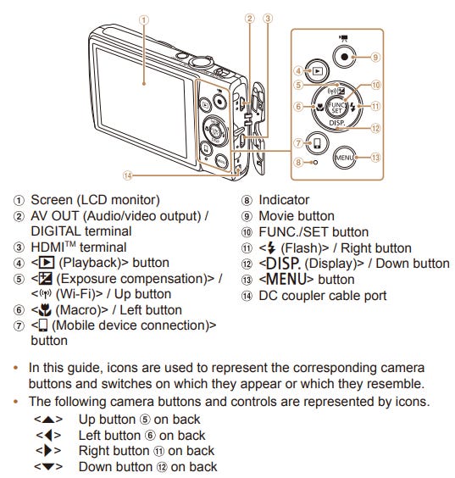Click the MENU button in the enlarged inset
[x=344, y=158]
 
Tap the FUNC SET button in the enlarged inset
[x=336, y=107]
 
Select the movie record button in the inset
[x=344, y=57]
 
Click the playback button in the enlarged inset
[x=317, y=71]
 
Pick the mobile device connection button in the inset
[x=317, y=143]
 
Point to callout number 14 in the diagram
[x=127, y=175]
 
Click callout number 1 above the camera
[x=144, y=20]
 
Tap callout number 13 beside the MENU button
[x=375, y=158]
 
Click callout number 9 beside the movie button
[x=375, y=57]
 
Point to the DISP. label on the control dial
[x=337, y=123]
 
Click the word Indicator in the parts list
[x=284, y=200]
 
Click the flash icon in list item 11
[x=270, y=248]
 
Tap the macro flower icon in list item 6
[x=45, y=310]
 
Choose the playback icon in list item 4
[x=47, y=263]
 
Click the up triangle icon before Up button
[x=48, y=420]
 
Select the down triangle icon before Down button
[x=48, y=466]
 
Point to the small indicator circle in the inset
[x=315, y=163]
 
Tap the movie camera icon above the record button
[x=344, y=38]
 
